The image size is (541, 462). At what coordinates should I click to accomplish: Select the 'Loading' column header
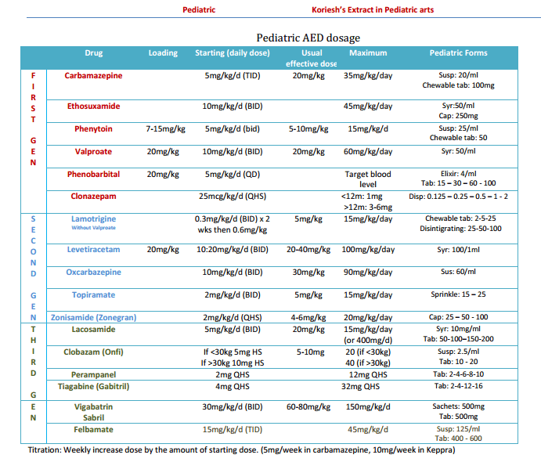coord(163,53)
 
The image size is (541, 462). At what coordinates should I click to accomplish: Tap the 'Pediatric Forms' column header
coord(458,53)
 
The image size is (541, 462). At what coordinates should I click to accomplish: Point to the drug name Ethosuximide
coord(94,106)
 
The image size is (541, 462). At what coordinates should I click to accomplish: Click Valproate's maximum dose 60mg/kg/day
coord(368,151)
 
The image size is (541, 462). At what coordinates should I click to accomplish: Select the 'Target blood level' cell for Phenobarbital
coord(368,179)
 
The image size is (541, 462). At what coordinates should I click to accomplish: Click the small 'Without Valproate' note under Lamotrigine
coord(93,228)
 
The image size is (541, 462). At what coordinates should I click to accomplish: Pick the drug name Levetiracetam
coord(93,250)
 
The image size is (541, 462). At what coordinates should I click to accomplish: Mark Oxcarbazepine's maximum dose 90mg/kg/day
coord(368,273)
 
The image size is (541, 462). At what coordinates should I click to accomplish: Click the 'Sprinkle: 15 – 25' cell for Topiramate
coord(458,295)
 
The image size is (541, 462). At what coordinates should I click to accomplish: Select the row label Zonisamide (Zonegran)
coord(94,318)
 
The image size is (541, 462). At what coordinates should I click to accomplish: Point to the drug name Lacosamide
coord(93,330)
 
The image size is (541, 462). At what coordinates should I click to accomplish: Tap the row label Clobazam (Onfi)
coord(94,352)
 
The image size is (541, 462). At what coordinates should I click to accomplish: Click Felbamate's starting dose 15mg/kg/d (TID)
coord(233,429)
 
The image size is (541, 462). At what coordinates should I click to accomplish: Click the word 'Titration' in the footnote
coord(46,450)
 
